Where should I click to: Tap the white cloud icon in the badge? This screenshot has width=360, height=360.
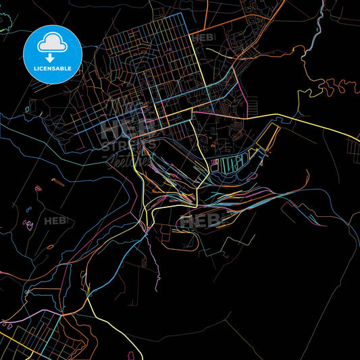(x=52, y=42)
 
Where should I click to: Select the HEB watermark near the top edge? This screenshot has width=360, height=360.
(x=202, y=38)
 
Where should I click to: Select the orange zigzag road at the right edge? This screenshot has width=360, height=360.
(x=338, y=86)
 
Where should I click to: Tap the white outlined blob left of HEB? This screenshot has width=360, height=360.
(x=28, y=224)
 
